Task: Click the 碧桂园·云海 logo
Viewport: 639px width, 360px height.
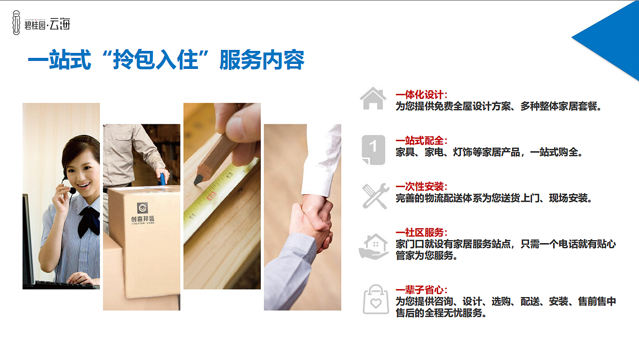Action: click(x=41, y=22)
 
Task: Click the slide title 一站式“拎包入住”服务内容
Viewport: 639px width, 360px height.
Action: click(x=165, y=61)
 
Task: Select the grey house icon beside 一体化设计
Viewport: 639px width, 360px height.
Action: click(x=373, y=99)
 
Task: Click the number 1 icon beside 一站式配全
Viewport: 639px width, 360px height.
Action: click(x=373, y=149)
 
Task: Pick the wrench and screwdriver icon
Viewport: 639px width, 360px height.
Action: click(x=374, y=196)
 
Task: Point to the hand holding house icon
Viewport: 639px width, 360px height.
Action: click(x=373, y=246)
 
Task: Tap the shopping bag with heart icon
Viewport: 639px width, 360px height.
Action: click(x=375, y=300)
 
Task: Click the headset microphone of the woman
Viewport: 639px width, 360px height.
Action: click(x=72, y=190)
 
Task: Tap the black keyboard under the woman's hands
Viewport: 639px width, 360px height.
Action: click(x=60, y=285)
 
